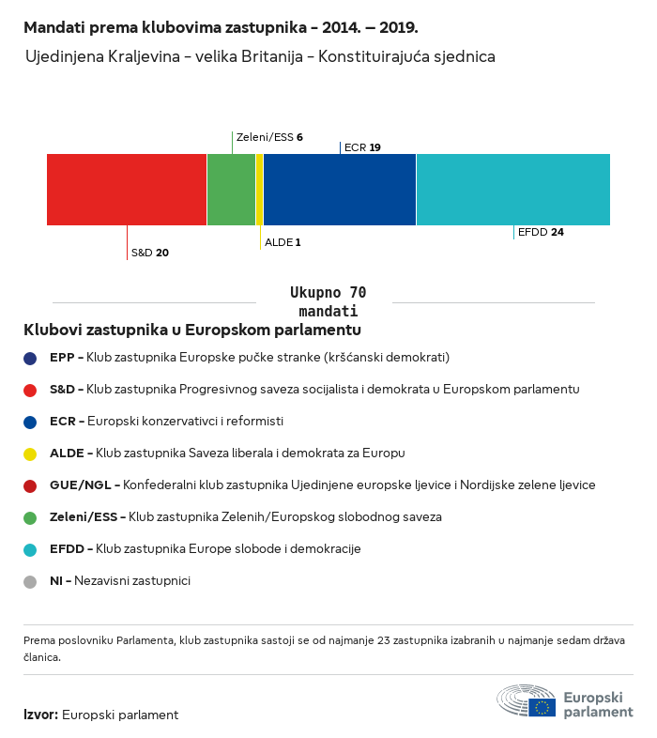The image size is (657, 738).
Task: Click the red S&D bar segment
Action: click(127, 190)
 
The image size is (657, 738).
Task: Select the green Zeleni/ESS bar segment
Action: click(231, 190)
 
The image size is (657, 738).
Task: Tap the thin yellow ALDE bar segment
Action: click(260, 190)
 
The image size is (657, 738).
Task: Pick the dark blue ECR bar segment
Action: click(340, 190)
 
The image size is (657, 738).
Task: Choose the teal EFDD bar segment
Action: click(512, 190)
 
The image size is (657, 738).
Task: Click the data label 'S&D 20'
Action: click(150, 253)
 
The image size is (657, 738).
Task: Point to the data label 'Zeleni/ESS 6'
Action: click(269, 137)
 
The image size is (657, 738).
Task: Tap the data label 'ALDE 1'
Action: click(283, 242)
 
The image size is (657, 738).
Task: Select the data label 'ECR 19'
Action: click(362, 147)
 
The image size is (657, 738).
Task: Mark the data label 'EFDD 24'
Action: click(541, 232)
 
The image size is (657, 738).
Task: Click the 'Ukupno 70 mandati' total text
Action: click(328, 301)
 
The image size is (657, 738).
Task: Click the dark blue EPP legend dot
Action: click(30, 358)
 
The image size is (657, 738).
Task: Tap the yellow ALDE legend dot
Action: click(30, 454)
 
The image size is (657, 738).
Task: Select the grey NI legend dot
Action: click(30, 581)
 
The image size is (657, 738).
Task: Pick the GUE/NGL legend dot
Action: click(30, 485)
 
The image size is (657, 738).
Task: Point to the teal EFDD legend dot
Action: click(30, 549)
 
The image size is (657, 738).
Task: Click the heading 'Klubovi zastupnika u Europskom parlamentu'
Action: click(192, 331)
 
